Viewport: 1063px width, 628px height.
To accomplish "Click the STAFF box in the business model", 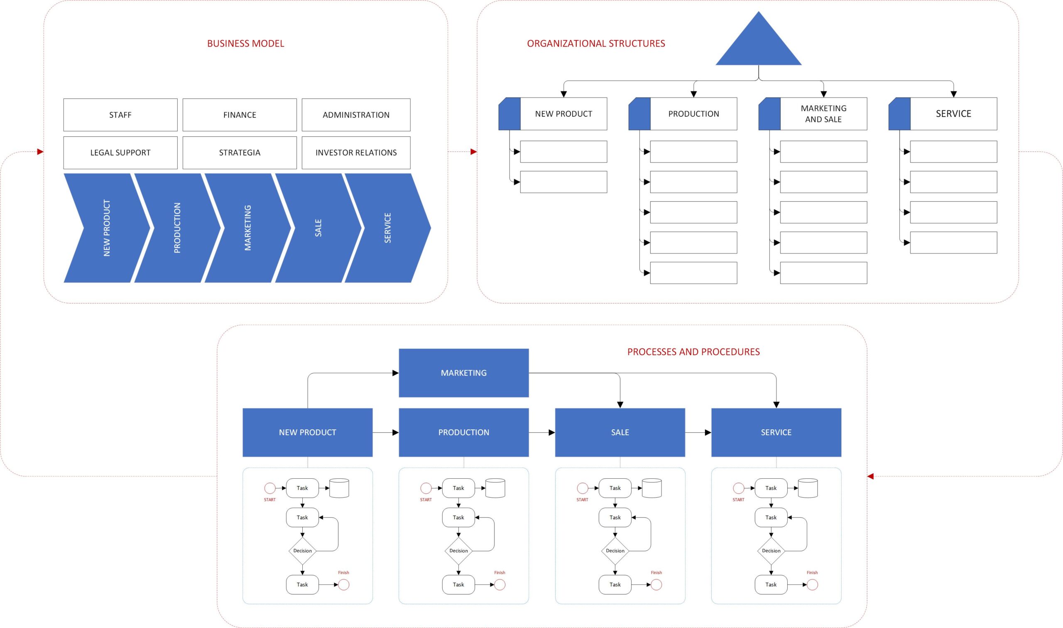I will click(120, 114).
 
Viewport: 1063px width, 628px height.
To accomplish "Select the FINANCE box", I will click(239, 114).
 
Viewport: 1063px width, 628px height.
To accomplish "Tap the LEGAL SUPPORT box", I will click(120, 152).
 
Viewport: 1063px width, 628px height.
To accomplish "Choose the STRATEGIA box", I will click(239, 152).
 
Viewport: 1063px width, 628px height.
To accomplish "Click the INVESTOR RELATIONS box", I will click(356, 152).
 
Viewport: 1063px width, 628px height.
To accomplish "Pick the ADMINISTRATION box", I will click(356, 114).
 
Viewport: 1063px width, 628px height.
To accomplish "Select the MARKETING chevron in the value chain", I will click(248, 228).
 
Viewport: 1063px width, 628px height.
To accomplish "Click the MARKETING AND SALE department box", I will click(823, 113).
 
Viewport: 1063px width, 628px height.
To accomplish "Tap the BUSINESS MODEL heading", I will click(246, 44).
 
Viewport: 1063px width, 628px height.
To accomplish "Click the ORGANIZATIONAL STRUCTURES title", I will click(596, 44).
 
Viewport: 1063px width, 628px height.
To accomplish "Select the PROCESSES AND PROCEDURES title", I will click(693, 352).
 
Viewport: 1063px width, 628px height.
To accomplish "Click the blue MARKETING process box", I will click(464, 373).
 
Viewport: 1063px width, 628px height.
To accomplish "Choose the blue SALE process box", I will click(620, 432).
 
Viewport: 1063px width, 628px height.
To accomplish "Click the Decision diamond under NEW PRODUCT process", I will click(302, 550).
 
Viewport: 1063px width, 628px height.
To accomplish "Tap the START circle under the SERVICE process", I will click(738, 488).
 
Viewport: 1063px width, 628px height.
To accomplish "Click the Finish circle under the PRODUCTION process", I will click(500, 584).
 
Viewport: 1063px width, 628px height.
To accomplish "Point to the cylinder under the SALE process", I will click(652, 488).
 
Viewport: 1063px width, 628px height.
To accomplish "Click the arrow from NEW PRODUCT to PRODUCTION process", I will click(385, 433).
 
